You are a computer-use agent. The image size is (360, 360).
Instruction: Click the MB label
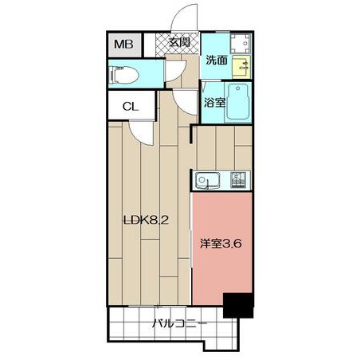(x=123, y=44)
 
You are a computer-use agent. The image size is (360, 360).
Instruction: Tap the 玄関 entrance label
(x=180, y=42)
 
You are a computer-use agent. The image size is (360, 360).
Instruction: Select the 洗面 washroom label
(x=217, y=61)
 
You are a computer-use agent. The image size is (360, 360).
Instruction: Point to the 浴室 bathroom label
(x=215, y=103)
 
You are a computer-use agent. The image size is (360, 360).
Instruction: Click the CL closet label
(x=131, y=107)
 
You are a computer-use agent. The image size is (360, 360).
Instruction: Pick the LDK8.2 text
(x=147, y=220)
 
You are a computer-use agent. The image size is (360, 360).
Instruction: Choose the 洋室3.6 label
(x=221, y=243)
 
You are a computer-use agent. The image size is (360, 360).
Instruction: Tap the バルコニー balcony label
(x=179, y=323)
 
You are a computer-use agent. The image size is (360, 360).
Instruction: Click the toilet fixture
(x=123, y=75)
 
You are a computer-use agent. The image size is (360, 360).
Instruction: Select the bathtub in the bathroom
(x=237, y=103)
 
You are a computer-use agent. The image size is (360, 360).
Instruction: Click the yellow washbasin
(x=241, y=67)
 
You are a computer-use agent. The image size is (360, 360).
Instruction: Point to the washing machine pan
(x=240, y=43)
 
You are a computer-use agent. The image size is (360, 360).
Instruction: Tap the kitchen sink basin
(x=207, y=181)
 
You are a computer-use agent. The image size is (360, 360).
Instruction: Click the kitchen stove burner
(x=238, y=180)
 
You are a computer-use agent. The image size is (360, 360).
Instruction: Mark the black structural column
(x=238, y=305)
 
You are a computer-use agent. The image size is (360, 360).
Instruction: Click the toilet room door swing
(x=175, y=71)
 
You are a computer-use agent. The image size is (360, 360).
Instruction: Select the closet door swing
(x=142, y=133)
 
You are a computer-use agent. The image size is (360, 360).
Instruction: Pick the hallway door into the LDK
(x=186, y=103)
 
